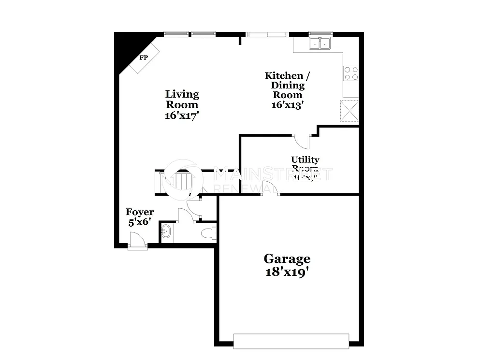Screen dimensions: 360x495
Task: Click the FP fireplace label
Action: pos(144,58)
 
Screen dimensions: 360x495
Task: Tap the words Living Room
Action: pos(182,99)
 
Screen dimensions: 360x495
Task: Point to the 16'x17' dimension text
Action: pos(182,115)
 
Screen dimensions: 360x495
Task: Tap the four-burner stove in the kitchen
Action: pos(351,73)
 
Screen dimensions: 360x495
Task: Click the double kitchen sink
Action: pos(320,44)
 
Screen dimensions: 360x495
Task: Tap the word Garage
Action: pos(287,259)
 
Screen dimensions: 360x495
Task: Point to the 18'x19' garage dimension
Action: pos(287,272)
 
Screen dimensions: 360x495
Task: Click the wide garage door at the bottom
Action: pos(291,341)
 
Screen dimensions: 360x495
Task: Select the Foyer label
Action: pos(140,212)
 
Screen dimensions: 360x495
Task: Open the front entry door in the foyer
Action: pos(137,240)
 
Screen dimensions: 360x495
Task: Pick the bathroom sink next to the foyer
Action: pos(166,231)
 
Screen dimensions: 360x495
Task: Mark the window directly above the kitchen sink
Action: pos(320,34)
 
